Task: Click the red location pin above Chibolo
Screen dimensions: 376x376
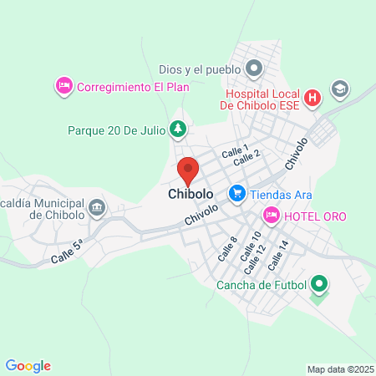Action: (188, 170)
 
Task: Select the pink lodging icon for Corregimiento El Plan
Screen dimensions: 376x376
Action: (64, 85)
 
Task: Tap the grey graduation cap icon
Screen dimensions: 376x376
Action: (339, 88)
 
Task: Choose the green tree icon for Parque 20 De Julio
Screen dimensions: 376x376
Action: (177, 130)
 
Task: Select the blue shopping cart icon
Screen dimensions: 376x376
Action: (237, 193)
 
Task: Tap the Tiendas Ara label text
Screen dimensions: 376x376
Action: (282, 194)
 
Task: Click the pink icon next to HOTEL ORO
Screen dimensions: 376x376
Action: (271, 216)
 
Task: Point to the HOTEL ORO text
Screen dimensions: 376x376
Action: (314, 216)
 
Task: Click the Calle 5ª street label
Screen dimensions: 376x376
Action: (67, 246)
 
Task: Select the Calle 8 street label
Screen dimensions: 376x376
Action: (227, 248)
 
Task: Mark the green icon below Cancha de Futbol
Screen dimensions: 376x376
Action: (318, 286)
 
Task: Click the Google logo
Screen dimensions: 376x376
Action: (28, 365)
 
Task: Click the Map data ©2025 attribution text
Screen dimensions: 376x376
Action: (338, 368)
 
